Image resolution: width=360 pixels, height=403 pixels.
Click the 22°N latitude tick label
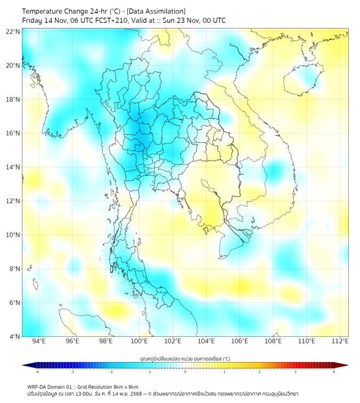[x=13, y=32]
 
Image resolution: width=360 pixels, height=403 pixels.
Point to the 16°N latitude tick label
[x=13, y=133]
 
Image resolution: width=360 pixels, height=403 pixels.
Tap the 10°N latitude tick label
[x=13, y=235]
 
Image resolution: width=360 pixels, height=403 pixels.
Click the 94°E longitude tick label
[x=39, y=341]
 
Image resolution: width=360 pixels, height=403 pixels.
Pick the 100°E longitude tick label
[x=139, y=341]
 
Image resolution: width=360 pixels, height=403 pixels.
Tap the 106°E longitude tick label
[x=240, y=341]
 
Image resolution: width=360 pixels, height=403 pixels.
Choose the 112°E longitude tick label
[x=340, y=341]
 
